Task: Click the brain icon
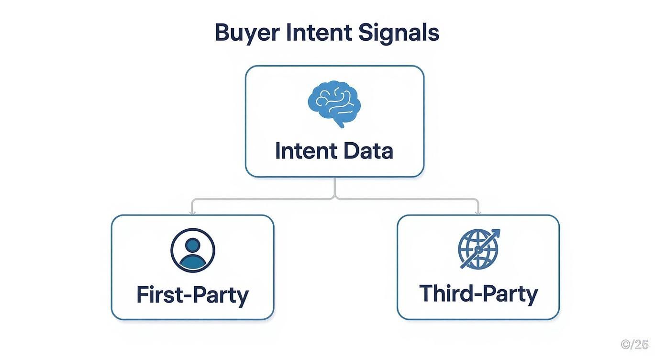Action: [x=334, y=103]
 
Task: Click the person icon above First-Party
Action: [x=193, y=250]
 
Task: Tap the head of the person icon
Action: [x=193, y=245]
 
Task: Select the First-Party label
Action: [x=192, y=294]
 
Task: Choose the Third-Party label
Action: [x=478, y=293]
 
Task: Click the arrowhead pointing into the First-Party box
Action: [x=192, y=212]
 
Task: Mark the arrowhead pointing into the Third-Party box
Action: [x=478, y=212]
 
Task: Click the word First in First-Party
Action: [x=157, y=294]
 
